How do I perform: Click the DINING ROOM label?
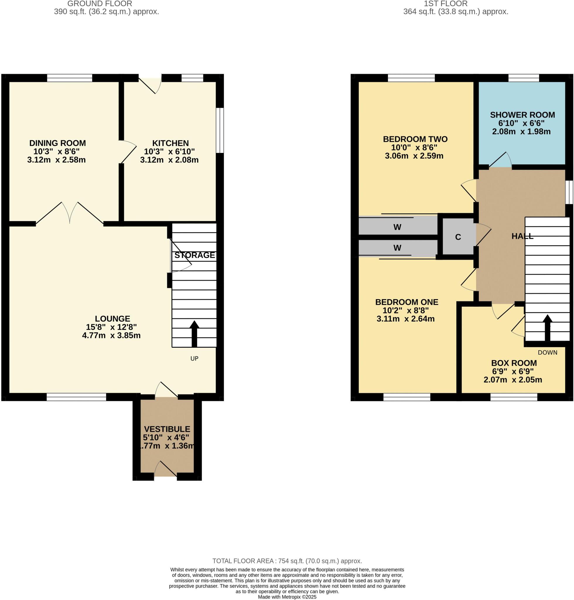click(57, 143)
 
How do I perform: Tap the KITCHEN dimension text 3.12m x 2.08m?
click(169, 160)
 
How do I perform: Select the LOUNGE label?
click(112, 319)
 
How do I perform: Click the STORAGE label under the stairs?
click(194, 255)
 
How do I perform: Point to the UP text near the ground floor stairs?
click(194, 359)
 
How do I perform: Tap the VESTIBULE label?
click(167, 429)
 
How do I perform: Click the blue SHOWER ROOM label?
click(522, 115)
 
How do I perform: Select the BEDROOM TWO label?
click(415, 139)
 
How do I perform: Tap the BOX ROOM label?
click(514, 363)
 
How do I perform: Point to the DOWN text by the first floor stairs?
click(547, 352)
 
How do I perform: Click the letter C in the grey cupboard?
click(458, 237)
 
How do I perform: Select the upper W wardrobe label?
click(397, 227)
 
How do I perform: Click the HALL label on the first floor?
click(522, 236)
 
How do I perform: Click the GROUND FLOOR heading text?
click(100, 4)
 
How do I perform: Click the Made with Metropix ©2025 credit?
click(287, 597)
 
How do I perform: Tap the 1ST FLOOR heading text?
click(445, 4)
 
